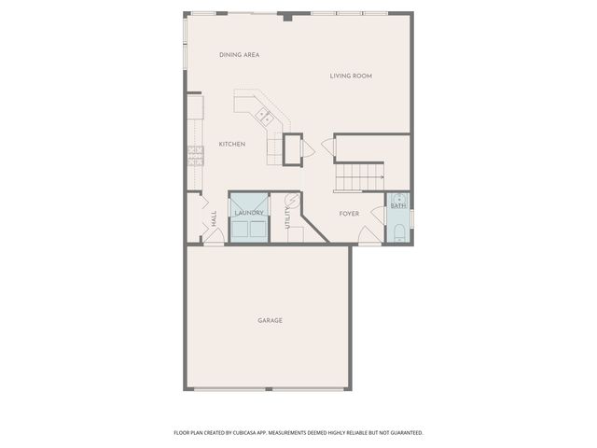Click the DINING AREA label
pos(239,55)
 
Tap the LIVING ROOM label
pos(351,76)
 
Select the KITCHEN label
pos(232,144)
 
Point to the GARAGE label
pos(270,320)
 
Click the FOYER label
pos(349,214)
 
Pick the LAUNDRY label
pos(249,213)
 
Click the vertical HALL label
pos(214,219)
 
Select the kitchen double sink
pos(264,117)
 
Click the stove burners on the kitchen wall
pos(195,156)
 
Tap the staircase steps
pos(360,173)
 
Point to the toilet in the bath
pos(398,232)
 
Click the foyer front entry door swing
pos(369,239)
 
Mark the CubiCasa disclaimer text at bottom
pos(298,432)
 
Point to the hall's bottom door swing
pos(214,237)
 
